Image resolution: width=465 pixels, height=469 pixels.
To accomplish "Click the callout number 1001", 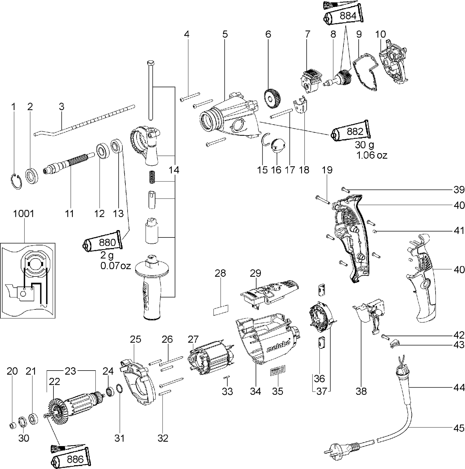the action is click(x=24, y=214).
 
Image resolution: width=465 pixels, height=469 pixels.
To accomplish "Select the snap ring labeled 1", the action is click(x=16, y=181).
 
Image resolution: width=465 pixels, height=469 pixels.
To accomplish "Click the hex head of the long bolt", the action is click(x=150, y=63).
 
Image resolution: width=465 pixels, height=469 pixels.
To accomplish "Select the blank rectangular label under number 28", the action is click(x=220, y=310).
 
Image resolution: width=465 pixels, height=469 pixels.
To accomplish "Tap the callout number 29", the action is click(x=256, y=273).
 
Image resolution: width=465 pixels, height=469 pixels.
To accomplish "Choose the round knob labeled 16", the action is click(x=277, y=145).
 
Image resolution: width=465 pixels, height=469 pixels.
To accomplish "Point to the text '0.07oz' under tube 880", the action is click(x=115, y=266).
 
